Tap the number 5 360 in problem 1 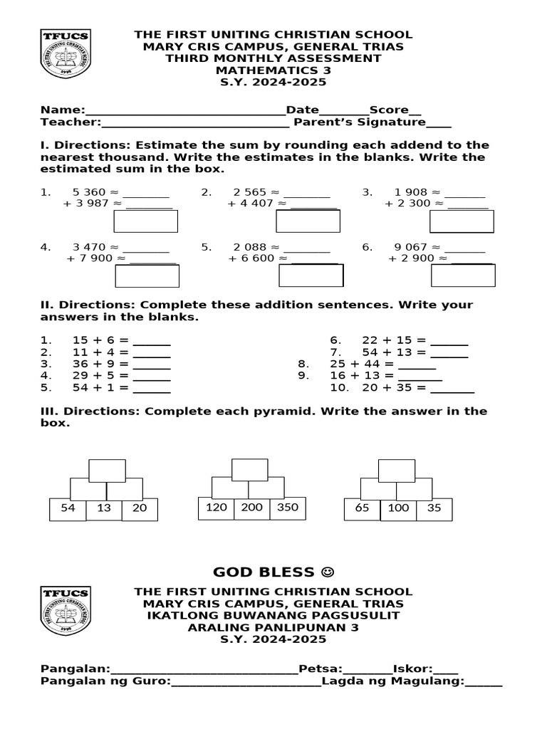point(89,192)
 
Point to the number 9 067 point(411,247)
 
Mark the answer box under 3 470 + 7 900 point(147,276)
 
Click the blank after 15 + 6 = point(152,340)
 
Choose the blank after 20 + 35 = point(452,388)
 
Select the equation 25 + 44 point(356,364)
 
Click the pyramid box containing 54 point(68,509)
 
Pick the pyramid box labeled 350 point(288,508)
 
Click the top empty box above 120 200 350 point(250,469)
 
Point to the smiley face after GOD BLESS point(327,572)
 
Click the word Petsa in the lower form point(320,668)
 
